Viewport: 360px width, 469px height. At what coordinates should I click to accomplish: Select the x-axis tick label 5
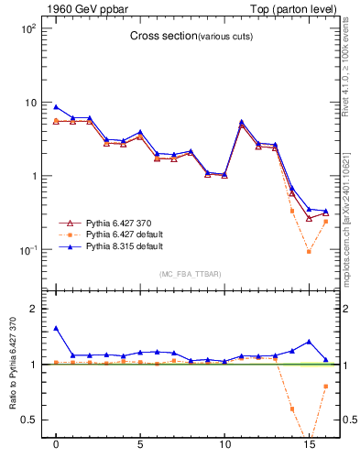tap(140, 453)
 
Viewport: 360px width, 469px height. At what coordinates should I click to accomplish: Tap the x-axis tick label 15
tap(309, 453)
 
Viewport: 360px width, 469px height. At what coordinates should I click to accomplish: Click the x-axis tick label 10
tap(224, 453)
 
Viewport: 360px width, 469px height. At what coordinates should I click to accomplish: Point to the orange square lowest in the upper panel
tap(309, 252)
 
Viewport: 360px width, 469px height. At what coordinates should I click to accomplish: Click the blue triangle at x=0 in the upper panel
tap(56, 106)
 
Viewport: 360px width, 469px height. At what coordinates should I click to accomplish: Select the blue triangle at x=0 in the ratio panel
tap(56, 328)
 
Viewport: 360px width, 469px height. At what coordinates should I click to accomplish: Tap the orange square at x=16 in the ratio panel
tap(325, 387)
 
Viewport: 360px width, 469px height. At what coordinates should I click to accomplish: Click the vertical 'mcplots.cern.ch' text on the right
tap(352, 215)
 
